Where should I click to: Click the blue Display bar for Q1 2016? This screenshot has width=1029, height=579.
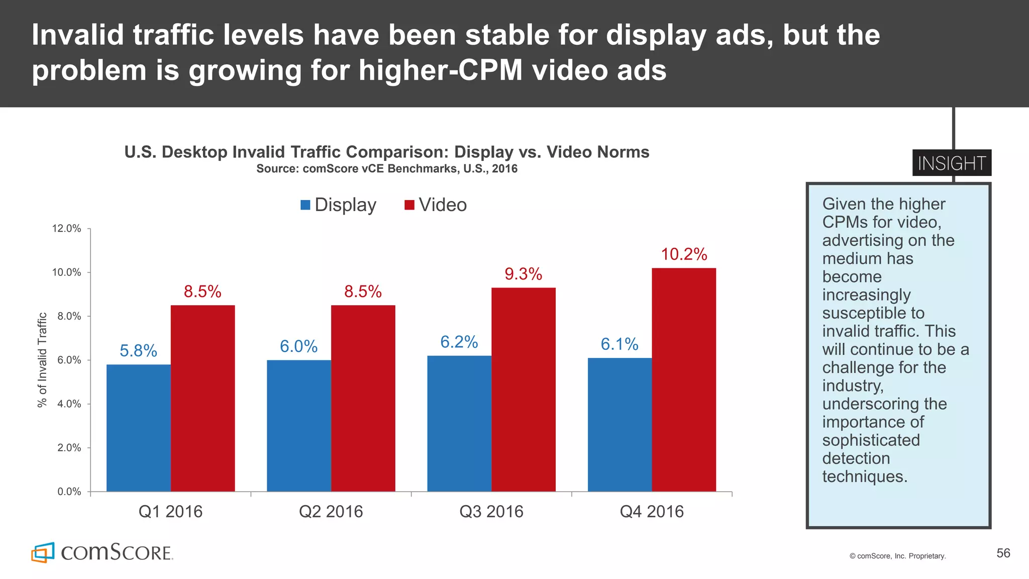[x=138, y=428]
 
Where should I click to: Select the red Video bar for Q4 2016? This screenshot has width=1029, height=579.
[x=684, y=379]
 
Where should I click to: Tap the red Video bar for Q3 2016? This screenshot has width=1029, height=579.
[x=524, y=390]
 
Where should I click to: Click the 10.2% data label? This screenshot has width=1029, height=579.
[x=684, y=254]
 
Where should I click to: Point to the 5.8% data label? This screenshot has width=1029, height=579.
[x=138, y=350]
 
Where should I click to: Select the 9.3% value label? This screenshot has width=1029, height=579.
[x=524, y=274]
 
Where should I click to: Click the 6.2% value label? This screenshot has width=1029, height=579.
[x=459, y=342]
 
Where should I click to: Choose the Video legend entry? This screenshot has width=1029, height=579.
[x=436, y=205]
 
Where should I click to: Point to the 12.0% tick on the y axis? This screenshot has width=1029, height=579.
[x=66, y=229]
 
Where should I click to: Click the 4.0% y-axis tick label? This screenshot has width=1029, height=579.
[x=66, y=404]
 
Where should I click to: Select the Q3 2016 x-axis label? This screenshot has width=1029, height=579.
[x=491, y=512]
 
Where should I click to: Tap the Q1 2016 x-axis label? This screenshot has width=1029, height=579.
[x=170, y=512]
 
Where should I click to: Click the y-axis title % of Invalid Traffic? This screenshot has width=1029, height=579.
[x=43, y=360]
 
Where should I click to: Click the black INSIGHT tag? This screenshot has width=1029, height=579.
[x=952, y=163]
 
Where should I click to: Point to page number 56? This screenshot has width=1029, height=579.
[x=1003, y=553]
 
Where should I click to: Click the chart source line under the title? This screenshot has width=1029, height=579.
[x=387, y=169]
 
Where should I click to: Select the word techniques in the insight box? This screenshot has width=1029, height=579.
[x=865, y=476]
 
